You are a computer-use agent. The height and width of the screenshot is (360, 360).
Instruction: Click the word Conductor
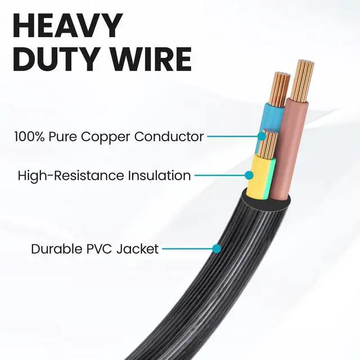pyautogui.click(x=175, y=137)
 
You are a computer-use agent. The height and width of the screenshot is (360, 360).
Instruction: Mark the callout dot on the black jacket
pyautogui.click(x=217, y=248)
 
